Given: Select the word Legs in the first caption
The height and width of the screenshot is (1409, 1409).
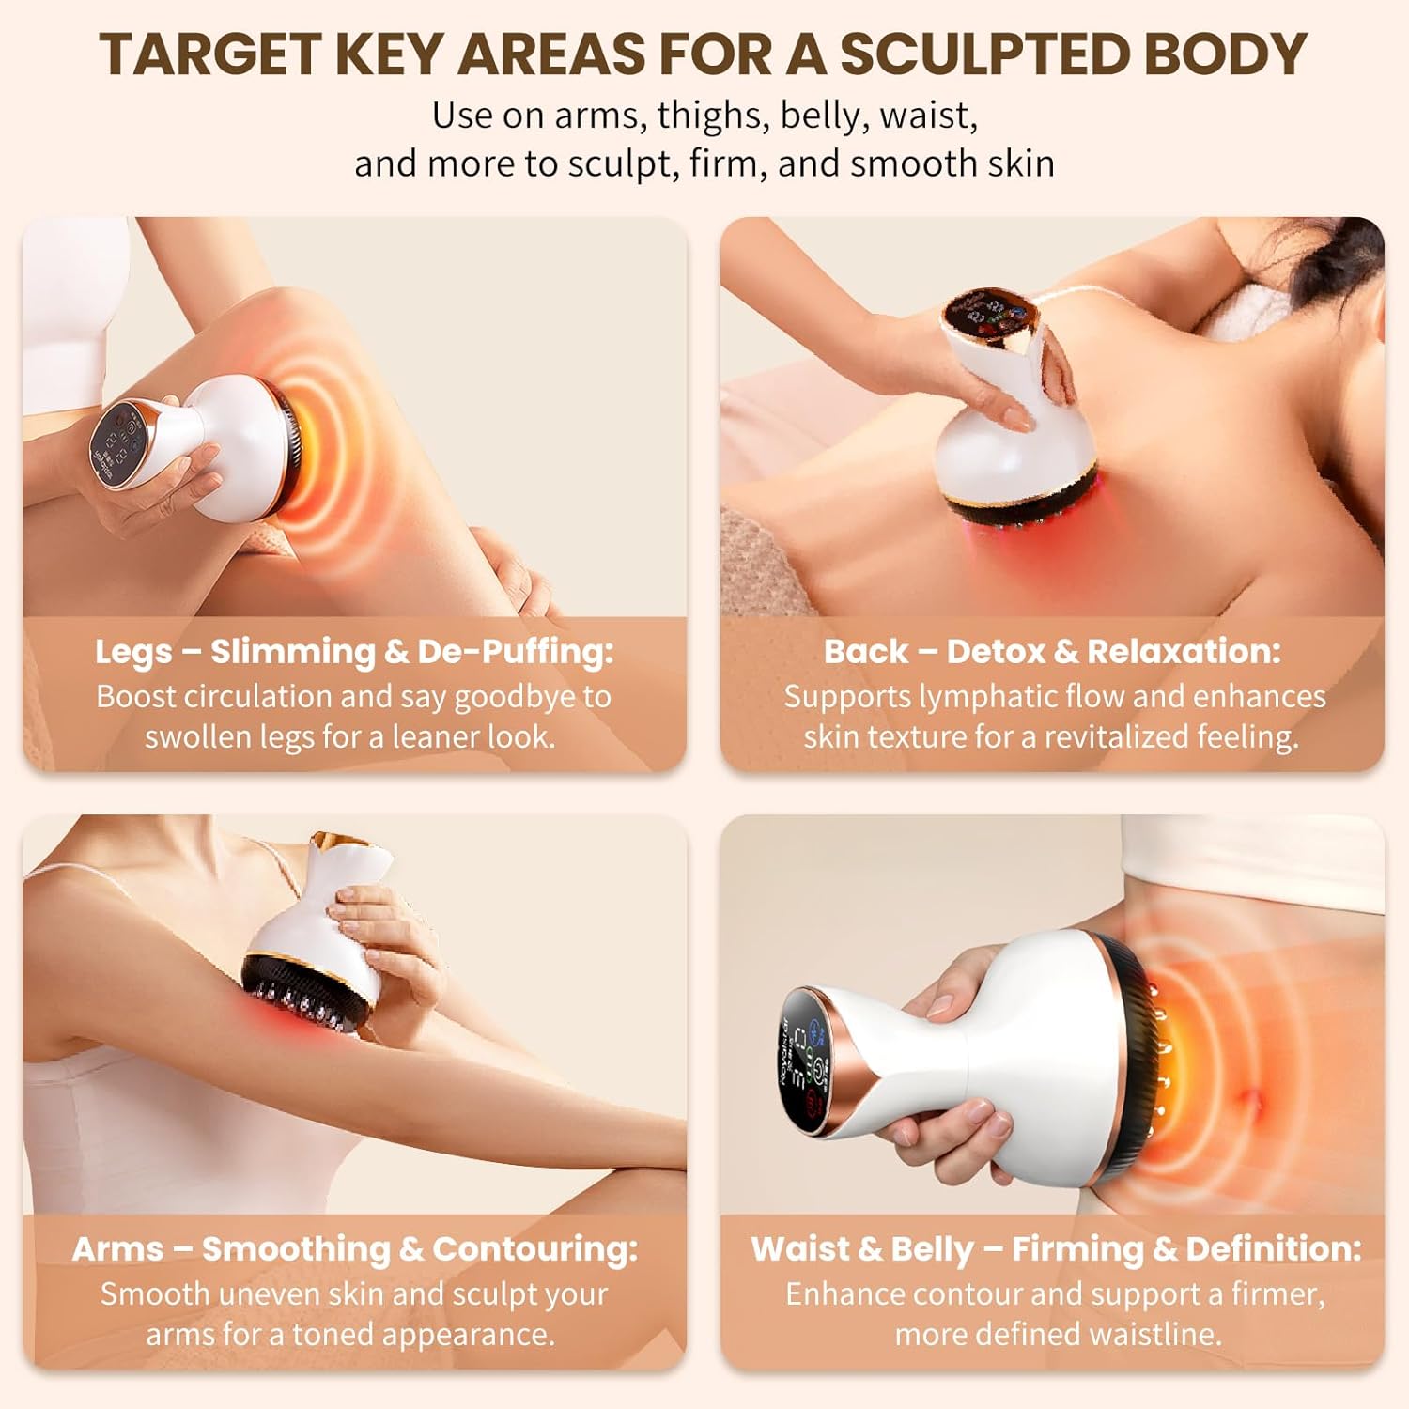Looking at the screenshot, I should point(132,652).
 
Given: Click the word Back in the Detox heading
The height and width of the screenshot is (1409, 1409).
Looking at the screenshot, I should point(865,652).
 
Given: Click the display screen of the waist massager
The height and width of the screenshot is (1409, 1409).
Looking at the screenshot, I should point(807,1057).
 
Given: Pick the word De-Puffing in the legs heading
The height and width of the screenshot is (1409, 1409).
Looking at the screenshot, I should point(515,652).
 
